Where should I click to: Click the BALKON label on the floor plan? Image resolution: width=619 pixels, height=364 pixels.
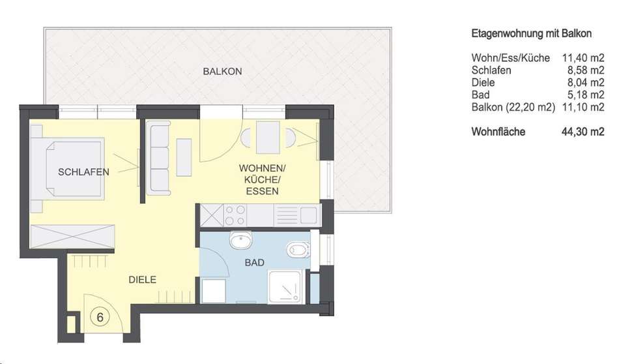click(222, 72)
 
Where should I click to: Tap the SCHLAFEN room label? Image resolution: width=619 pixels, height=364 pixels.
click(83, 172)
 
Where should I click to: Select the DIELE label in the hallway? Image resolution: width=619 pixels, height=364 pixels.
click(143, 280)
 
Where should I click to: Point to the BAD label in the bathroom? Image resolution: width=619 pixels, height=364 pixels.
click(255, 262)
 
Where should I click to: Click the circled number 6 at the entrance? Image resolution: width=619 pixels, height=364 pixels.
click(100, 317)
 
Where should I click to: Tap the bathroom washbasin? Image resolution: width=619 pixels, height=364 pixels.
click(241, 240)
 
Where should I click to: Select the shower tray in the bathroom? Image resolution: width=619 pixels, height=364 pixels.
click(286, 287)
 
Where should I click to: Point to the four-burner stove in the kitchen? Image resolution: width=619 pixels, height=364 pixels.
click(235, 215)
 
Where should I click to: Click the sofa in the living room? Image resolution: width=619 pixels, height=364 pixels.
click(158, 157)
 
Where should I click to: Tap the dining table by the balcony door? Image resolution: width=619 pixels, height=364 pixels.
click(268, 137)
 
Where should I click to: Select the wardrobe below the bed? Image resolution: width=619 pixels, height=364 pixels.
click(72, 236)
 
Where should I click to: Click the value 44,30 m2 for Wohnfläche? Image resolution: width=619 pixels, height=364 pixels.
click(583, 132)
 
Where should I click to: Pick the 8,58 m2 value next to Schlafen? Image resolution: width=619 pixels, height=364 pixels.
click(586, 70)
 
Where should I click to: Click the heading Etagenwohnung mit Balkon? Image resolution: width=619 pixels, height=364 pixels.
click(531, 33)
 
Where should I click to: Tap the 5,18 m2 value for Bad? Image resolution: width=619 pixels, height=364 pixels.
click(586, 95)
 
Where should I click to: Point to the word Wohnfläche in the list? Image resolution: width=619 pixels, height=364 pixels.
click(498, 132)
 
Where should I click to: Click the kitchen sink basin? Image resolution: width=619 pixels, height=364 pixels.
click(308, 215)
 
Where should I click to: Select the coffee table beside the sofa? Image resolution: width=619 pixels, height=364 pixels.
click(184, 157)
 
